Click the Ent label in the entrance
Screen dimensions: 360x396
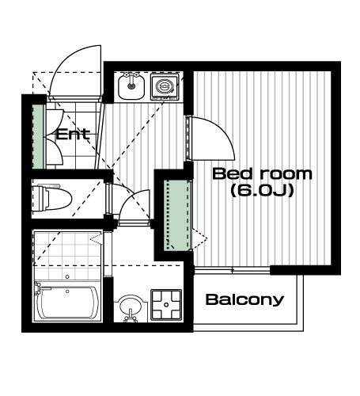(x=73, y=134)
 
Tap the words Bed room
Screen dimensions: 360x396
(x=263, y=173)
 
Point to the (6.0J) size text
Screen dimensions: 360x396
(x=262, y=190)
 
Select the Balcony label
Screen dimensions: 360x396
(x=244, y=300)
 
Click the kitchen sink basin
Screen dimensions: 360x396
(x=131, y=86)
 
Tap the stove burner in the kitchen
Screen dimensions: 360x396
(x=165, y=87)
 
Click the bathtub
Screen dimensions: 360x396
(x=68, y=303)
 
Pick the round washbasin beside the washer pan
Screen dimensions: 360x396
(x=131, y=308)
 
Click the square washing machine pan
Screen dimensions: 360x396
(x=166, y=305)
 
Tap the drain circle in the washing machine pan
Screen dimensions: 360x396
(x=166, y=305)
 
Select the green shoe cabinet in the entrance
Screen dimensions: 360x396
(x=38, y=137)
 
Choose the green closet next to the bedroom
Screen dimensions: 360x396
(x=176, y=215)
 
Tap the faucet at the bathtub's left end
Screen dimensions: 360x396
(x=40, y=288)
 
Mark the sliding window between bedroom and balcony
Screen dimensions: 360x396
(x=233, y=270)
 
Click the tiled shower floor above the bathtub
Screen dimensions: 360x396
(x=68, y=256)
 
